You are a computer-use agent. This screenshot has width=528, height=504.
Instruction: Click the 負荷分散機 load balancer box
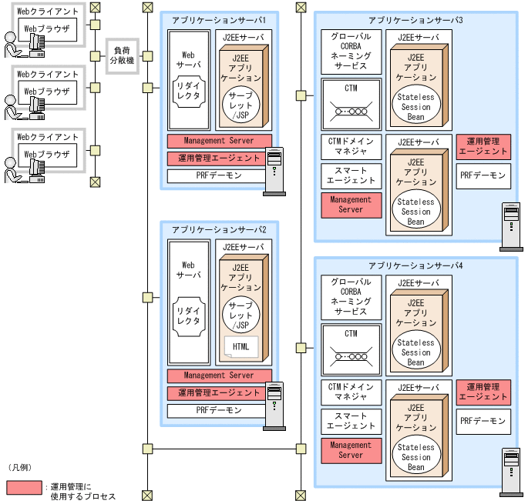point(122,55)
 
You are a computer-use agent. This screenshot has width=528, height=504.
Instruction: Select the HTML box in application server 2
point(240,346)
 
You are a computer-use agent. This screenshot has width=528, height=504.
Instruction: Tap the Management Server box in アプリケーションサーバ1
point(220,141)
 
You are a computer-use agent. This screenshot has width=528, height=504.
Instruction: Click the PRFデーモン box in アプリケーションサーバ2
point(220,410)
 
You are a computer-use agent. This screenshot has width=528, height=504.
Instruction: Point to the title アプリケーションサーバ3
point(415,19)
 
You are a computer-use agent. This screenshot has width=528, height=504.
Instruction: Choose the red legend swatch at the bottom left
point(24,487)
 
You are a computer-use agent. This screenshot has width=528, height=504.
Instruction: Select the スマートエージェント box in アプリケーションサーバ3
point(351,175)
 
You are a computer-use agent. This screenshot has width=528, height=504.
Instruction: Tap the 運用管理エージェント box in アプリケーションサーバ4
point(483,392)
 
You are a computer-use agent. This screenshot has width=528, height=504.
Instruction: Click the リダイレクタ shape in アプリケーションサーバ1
point(189,95)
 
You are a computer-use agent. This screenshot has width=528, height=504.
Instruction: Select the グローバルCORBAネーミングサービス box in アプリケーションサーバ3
point(351,51)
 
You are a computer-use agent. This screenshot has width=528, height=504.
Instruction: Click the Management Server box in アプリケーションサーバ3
point(351,205)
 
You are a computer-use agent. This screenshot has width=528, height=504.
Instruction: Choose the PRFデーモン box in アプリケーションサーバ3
point(483,175)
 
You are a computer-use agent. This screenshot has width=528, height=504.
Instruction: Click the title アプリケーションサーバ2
point(220,230)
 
